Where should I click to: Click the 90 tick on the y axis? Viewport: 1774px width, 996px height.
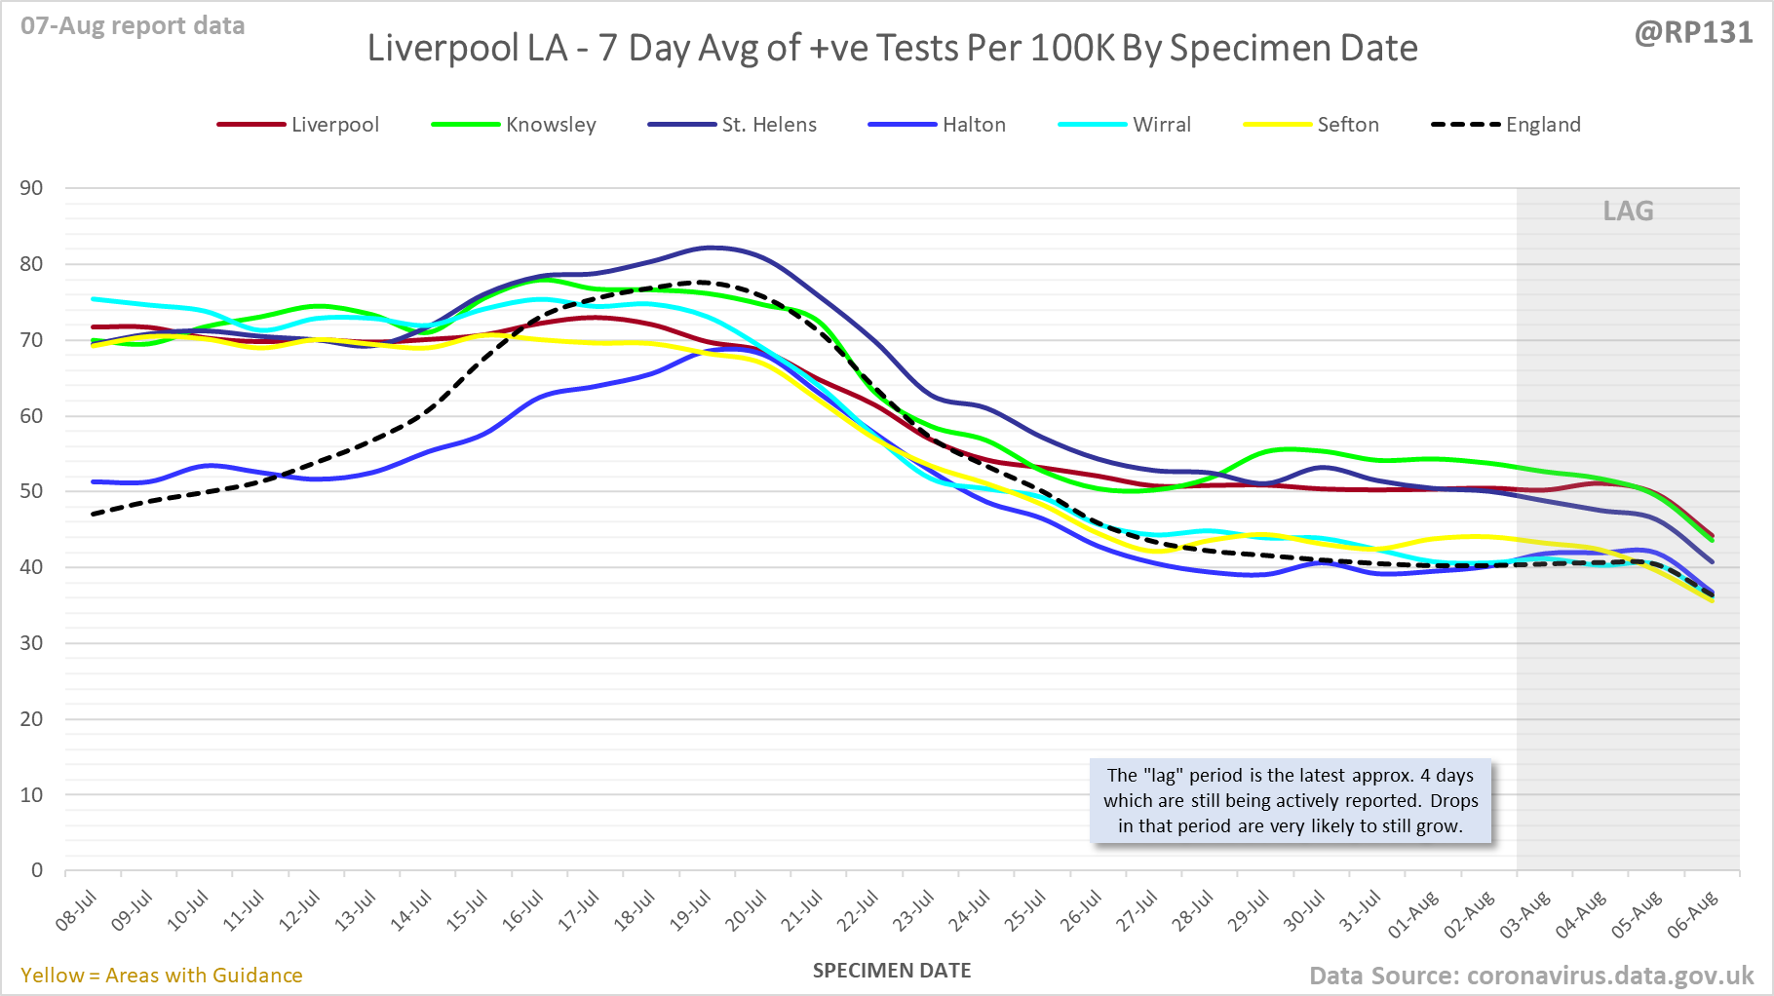tap(32, 188)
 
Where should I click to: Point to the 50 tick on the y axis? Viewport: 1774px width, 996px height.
tap(32, 491)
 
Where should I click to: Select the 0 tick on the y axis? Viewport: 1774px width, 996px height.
tap(37, 870)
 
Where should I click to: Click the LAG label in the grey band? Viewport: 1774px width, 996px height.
tap(1628, 211)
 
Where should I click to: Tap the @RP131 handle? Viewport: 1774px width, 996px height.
tap(1693, 33)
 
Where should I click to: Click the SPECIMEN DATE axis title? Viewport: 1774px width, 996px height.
tap(892, 971)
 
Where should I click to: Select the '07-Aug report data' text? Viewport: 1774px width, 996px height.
tap(133, 26)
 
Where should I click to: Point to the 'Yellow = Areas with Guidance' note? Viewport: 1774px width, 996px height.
tap(162, 976)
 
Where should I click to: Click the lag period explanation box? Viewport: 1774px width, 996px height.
tap(1291, 801)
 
